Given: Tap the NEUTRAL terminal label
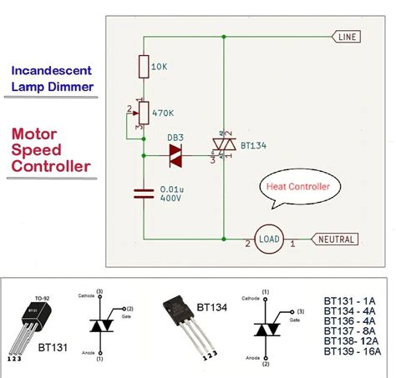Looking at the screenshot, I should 336,239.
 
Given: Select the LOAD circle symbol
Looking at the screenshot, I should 269,239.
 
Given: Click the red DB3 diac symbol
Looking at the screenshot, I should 175,152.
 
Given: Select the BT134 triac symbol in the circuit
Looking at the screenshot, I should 224,146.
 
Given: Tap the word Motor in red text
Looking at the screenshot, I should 35,134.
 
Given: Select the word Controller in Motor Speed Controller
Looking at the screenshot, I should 50,167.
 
